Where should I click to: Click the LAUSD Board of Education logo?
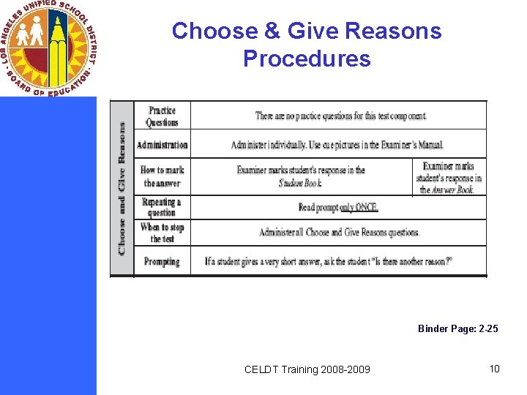tap(48, 48)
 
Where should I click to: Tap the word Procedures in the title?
tap(307, 59)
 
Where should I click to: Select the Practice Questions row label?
tap(162, 116)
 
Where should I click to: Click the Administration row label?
tap(162, 145)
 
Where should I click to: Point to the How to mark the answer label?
tap(162, 176)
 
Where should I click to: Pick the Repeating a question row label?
tap(162, 207)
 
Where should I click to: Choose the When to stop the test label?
tap(162, 233)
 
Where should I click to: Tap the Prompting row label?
tap(162, 261)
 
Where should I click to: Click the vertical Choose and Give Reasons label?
tap(122, 188)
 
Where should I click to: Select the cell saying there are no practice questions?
tap(340, 116)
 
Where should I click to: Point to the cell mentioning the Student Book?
tap(301, 176)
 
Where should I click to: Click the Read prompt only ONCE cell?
tap(338, 208)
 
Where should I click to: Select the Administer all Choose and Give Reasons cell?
tap(339, 233)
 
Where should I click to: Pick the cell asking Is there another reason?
tap(329, 261)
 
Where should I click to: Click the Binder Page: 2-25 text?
tap(457, 329)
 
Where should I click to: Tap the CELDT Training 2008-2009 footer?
tap(307, 369)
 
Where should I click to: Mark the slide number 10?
tap(494, 369)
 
